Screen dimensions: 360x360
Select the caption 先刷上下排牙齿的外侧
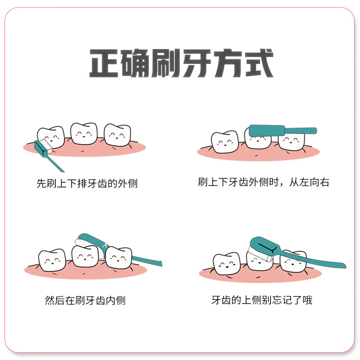coord(87,184)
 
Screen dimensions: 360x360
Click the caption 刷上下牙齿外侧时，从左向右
coord(264,182)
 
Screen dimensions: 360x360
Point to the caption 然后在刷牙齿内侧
coord(85,301)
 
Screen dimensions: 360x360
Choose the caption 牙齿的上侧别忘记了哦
coord(262,300)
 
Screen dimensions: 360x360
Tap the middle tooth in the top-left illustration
coord(84,133)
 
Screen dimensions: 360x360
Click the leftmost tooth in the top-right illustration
coord(225,141)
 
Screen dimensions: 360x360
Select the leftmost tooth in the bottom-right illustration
coord(227,264)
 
